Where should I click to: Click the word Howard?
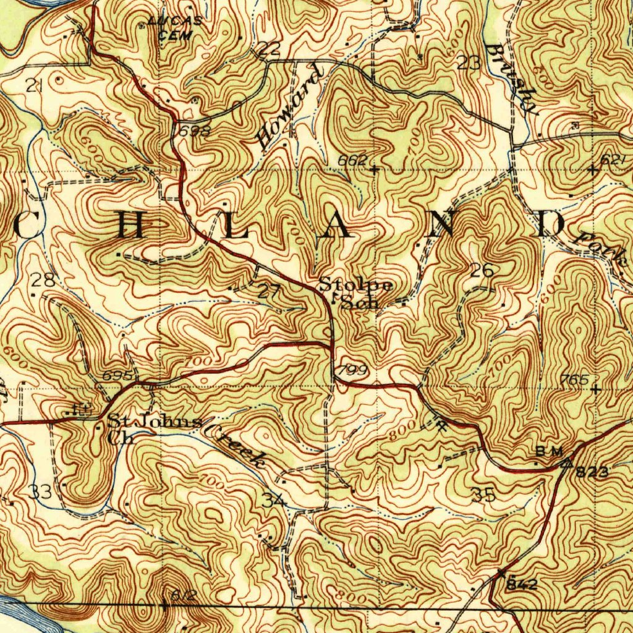[x=290, y=106]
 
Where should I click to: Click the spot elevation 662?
[x=352, y=160]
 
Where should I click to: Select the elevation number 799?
[x=353, y=370]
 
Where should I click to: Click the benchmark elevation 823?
[x=592, y=473]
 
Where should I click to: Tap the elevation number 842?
[x=522, y=584]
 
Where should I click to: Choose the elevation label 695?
[x=118, y=376]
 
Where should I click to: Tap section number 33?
[x=41, y=492]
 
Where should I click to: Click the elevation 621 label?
[x=613, y=159]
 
